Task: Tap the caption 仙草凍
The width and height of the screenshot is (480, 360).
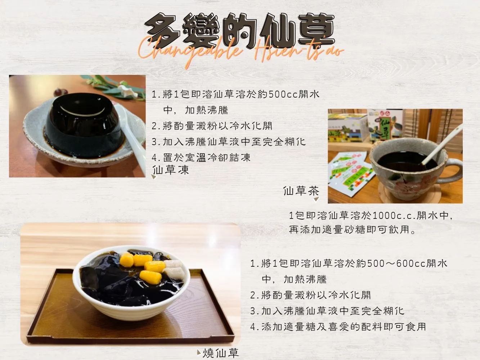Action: pos(171,170)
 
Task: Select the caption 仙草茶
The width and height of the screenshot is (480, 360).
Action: pos(301,191)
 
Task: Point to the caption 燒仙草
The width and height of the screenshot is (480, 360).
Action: pos(221,353)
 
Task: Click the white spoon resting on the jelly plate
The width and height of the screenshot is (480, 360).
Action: pos(131,135)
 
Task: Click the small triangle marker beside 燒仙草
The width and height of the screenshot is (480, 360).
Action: pos(199,352)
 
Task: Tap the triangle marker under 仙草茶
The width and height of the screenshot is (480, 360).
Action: pos(317,199)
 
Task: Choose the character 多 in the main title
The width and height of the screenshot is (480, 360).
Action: pos(163,31)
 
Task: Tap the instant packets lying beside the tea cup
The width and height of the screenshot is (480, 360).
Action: pos(351,173)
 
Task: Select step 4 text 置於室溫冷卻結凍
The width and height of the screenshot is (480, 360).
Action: pos(206,158)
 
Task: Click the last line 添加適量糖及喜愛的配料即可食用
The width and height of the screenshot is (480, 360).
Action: pos(344,327)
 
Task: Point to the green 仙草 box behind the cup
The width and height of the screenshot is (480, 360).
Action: pos(385,126)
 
